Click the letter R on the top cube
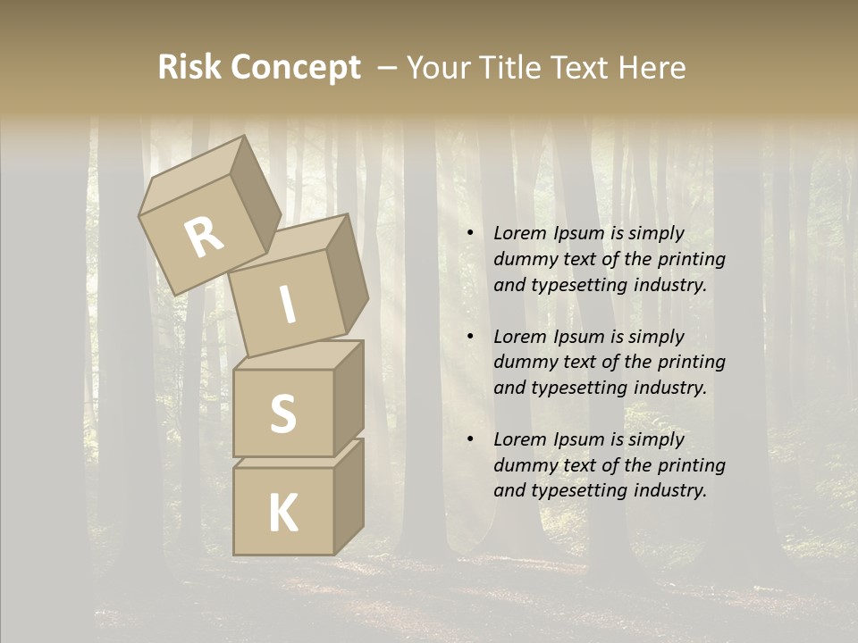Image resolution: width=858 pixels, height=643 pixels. click(x=204, y=238)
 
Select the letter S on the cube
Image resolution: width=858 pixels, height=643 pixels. click(x=282, y=413)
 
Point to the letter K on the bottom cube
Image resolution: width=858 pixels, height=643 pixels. click(x=282, y=513)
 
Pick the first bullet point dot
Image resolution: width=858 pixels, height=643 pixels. click(x=470, y=233)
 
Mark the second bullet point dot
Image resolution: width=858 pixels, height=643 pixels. click(x=470, y=337)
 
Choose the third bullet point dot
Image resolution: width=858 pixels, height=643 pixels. click(x=470, y=439)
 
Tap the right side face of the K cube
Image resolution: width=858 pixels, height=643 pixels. click(x=349, y=496)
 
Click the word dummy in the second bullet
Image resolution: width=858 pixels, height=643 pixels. click(x=525, y=363)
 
